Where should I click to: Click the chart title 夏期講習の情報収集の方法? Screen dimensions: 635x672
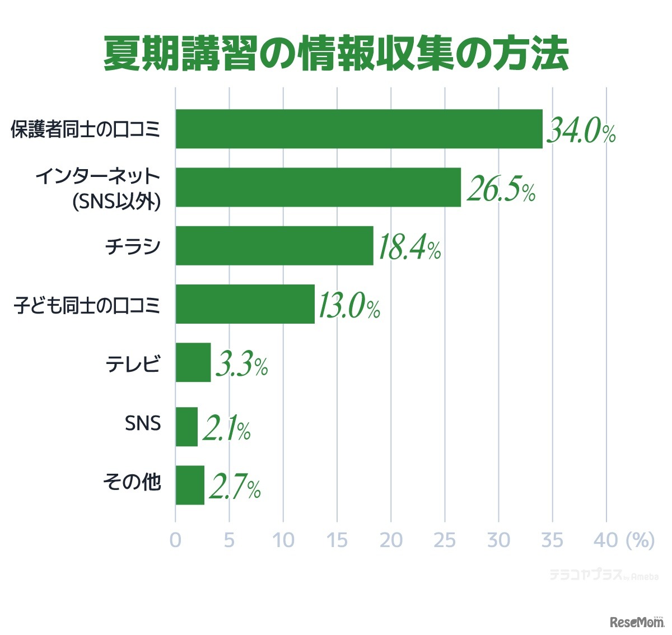click(336, 54)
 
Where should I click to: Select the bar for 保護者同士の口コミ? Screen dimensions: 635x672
click(358, 129)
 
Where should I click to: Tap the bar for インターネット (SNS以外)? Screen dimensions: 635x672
click(318, 188)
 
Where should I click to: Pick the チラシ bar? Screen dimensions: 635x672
click(274, 246)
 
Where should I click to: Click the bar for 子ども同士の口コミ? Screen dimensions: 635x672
click(245, 304)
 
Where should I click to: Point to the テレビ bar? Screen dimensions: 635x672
click(193, 362)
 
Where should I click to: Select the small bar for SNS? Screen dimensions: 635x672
click(186, 427)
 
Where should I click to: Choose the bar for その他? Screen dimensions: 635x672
click(190, 485)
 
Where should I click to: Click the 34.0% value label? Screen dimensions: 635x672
click(581, 131)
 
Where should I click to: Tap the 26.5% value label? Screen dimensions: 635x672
click(501, 189)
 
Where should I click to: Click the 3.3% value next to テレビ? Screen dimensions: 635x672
click(241, 365)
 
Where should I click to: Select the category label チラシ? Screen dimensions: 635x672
click(133, 246)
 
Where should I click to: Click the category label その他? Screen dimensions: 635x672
click(132, 482)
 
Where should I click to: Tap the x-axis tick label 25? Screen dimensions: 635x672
click(445, 540)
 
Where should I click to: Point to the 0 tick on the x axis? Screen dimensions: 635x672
click(176, 540)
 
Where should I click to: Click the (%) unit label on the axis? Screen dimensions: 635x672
click(640, 540)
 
